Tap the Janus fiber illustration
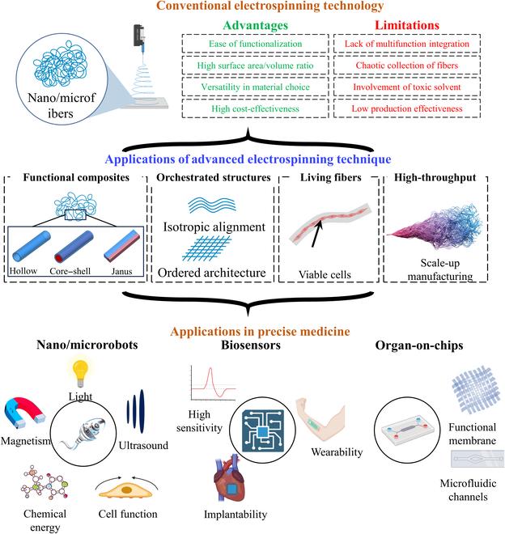pyautogui.click(x=150, y=248)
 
